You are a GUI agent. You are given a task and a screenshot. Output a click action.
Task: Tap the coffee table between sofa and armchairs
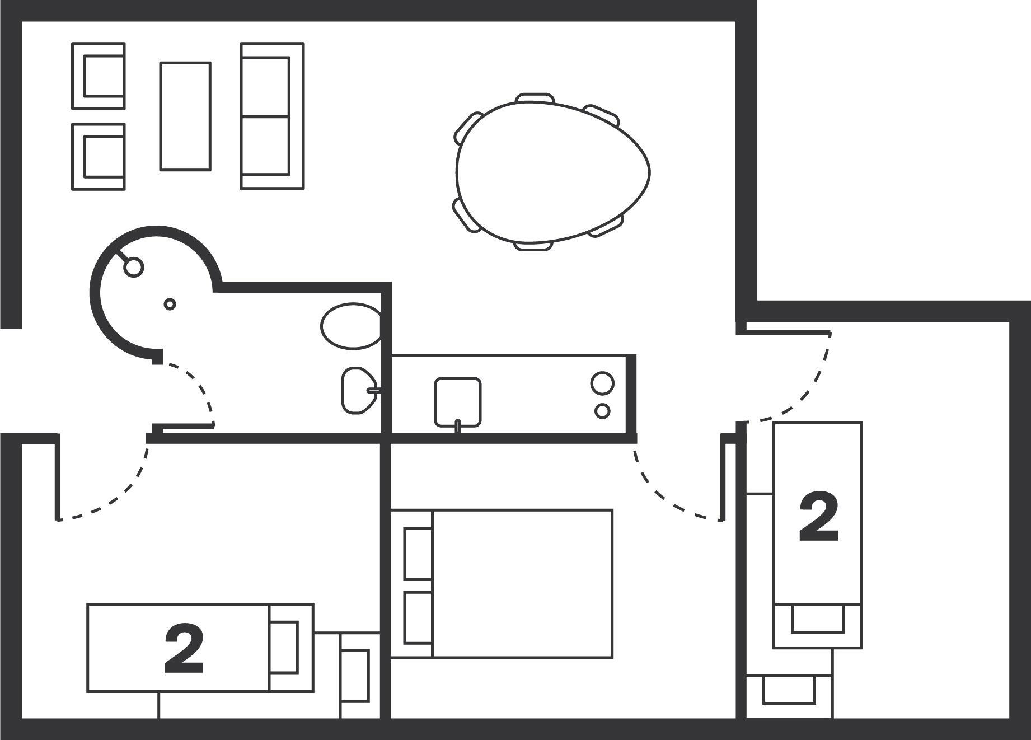point(185,116)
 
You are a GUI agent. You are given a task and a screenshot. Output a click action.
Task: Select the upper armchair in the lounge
point(99,76)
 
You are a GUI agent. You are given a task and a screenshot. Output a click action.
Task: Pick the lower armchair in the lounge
point(99,157)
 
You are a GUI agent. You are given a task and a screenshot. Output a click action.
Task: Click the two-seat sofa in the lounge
point(273,116)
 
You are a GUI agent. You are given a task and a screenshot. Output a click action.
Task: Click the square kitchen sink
point(458,401)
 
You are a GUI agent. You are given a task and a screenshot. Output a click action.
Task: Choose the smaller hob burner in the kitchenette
point(602,411)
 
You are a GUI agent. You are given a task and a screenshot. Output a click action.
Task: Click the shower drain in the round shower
point(170,304)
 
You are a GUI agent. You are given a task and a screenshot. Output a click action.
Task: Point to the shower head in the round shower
point(133,267)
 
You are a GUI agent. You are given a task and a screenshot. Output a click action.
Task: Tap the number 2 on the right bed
point(818,518)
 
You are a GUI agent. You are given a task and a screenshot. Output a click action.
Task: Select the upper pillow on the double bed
point(418,554)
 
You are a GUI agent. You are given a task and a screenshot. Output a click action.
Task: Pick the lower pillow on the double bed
point(418,617)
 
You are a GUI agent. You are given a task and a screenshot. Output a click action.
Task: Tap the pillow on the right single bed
point(817,619)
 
